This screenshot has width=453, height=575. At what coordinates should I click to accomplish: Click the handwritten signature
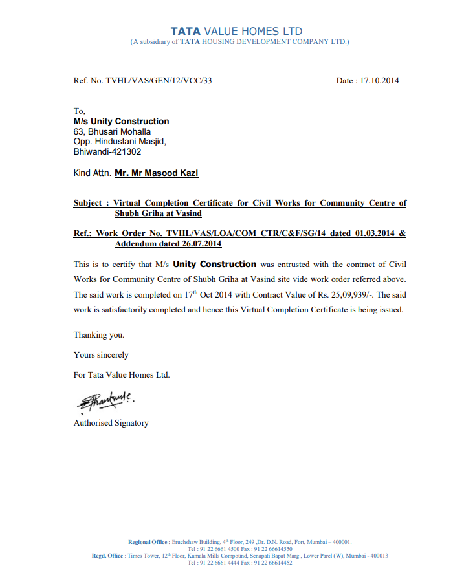(x=102, y=402)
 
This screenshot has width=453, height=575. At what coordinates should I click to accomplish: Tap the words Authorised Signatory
(x=111, y=423)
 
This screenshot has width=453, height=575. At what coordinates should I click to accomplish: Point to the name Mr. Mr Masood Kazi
(x=157, y=173)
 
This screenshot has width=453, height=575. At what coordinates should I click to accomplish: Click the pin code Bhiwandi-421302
(x=107, y=152)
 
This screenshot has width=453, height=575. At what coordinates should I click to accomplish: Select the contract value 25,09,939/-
(x=346, y=294)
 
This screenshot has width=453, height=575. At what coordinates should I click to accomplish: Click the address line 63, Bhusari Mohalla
(x=113, y=131)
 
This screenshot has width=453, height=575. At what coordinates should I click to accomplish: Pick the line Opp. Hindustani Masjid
(x=120, y=142)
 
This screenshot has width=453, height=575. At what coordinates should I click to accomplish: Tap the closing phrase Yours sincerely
(x=101, y=354)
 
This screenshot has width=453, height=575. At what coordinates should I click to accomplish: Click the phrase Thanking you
(x=99, y=335)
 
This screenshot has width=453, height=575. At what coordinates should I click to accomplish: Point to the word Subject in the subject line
(x=88, y=203)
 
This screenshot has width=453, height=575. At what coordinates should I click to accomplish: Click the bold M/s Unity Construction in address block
(x=122, y=121)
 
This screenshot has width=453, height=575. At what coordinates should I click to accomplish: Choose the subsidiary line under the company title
(x=239, y=42)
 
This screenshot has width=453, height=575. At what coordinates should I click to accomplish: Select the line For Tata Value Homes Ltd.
(x=122, y=374)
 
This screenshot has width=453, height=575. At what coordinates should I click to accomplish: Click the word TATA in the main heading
(x=186, y=31)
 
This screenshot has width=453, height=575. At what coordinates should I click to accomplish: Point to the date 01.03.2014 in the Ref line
(x=374, y=233)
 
